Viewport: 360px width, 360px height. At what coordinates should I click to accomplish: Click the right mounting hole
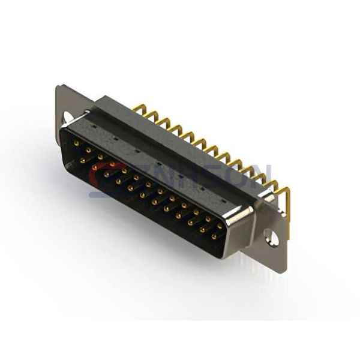pyautogui.click(x=272, y=238)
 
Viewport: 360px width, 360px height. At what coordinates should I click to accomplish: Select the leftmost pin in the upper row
pyautogui.click(x=76, y=143)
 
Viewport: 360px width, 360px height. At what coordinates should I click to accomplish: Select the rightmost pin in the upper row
pyautogui.click(x=220, y=226)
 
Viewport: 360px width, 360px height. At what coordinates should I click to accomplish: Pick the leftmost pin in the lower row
pyautogui.click(x=82, y=161)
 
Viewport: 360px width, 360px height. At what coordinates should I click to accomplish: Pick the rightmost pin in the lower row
pyautogui.click(x=214, y=236)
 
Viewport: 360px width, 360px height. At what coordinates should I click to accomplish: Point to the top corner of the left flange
pyautogui.click(x=58, y=88)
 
